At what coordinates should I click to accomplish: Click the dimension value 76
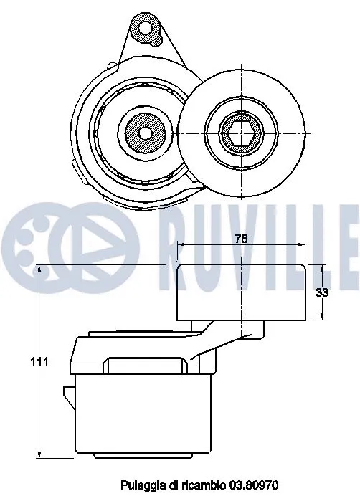pos(241,239)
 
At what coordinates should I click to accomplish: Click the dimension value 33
pos(322,292)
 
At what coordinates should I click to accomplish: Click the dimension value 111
pos(39,363)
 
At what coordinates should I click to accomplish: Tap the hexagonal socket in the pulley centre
pos(243,131)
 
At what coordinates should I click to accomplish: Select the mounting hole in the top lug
pos(148,29)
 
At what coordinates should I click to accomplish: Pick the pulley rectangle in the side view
pos(242,291)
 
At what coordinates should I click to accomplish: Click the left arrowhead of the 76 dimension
pos(179,245)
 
